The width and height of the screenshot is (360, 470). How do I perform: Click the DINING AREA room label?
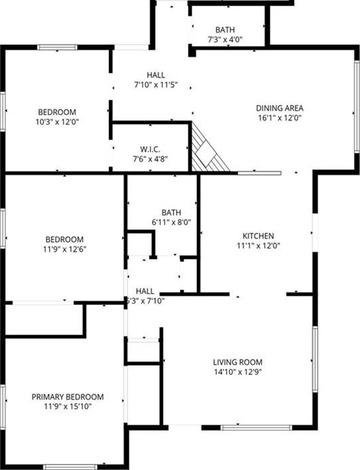279,108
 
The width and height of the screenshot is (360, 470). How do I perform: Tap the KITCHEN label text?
258,236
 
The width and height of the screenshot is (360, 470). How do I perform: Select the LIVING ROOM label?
238,362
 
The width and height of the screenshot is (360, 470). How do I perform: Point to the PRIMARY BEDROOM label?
68,397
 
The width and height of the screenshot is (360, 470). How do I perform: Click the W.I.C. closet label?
150,149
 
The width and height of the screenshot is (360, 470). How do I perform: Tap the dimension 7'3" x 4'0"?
225,40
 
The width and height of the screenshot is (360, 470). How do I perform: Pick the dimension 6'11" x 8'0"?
172,222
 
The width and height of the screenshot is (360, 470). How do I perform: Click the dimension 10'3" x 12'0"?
57,122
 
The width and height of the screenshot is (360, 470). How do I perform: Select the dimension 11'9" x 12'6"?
65,249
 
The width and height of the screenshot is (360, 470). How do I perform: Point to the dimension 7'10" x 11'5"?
155,85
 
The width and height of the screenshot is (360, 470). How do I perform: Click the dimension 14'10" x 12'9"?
238,372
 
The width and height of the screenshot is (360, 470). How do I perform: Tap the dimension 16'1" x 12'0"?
279,118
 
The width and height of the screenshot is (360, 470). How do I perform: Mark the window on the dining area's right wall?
357,106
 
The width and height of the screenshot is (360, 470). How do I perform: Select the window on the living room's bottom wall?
256,428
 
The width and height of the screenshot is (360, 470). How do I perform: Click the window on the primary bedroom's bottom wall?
71,467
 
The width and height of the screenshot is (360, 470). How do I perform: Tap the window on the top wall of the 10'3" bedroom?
57,47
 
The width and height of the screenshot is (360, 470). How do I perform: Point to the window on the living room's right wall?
315,359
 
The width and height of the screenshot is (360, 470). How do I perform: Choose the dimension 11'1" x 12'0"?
258,246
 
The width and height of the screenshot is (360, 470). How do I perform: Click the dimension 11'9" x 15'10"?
68,407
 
